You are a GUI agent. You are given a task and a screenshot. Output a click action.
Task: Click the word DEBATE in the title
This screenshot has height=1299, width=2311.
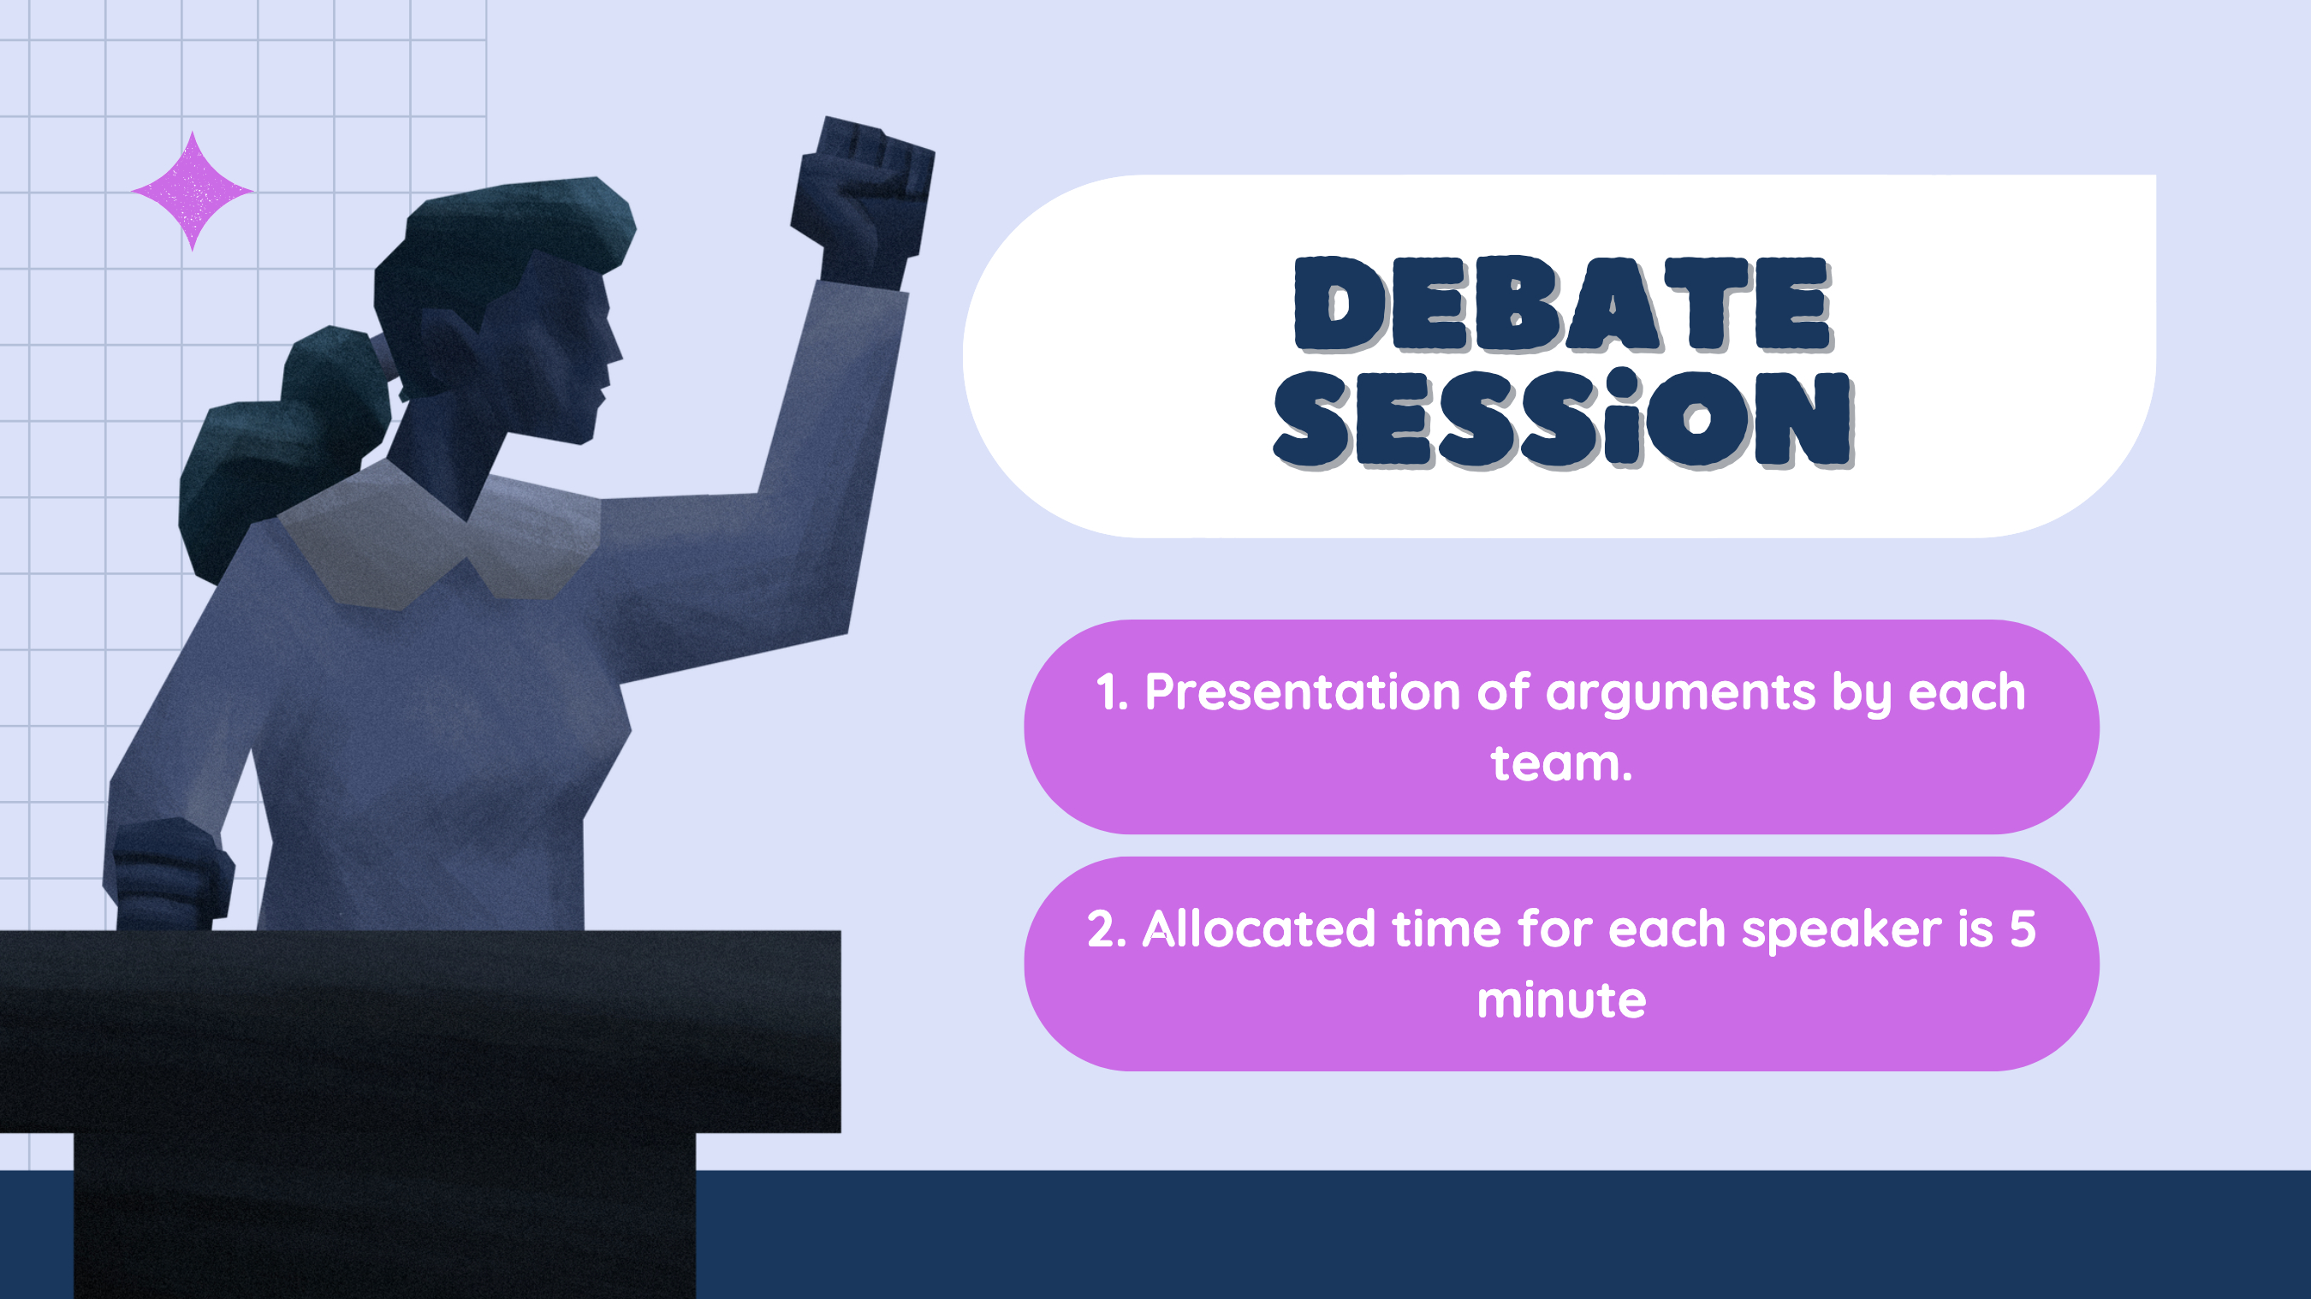tap(1563, 304)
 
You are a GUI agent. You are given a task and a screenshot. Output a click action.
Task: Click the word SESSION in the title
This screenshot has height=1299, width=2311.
tap(1564, 418)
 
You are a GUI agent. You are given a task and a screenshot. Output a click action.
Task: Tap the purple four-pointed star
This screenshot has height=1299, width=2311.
tap(192, 191)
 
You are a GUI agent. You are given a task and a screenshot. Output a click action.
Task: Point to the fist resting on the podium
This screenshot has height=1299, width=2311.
tap(169, 875)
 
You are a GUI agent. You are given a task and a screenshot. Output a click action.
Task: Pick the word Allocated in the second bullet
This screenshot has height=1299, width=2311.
tap(1257, 928)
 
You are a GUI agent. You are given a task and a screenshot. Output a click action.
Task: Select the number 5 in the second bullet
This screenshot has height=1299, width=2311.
tap(2022, 928)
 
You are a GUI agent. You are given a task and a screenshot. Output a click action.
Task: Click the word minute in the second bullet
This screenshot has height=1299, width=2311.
tap(1562, 999)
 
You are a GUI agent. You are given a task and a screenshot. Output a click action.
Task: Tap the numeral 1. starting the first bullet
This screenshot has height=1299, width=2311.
tap(1112, 692)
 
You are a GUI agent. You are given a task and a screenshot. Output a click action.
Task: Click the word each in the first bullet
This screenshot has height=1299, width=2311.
tap(1967, 692)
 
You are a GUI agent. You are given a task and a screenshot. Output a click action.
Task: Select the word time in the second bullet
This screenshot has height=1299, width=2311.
tap(1447, 928)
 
